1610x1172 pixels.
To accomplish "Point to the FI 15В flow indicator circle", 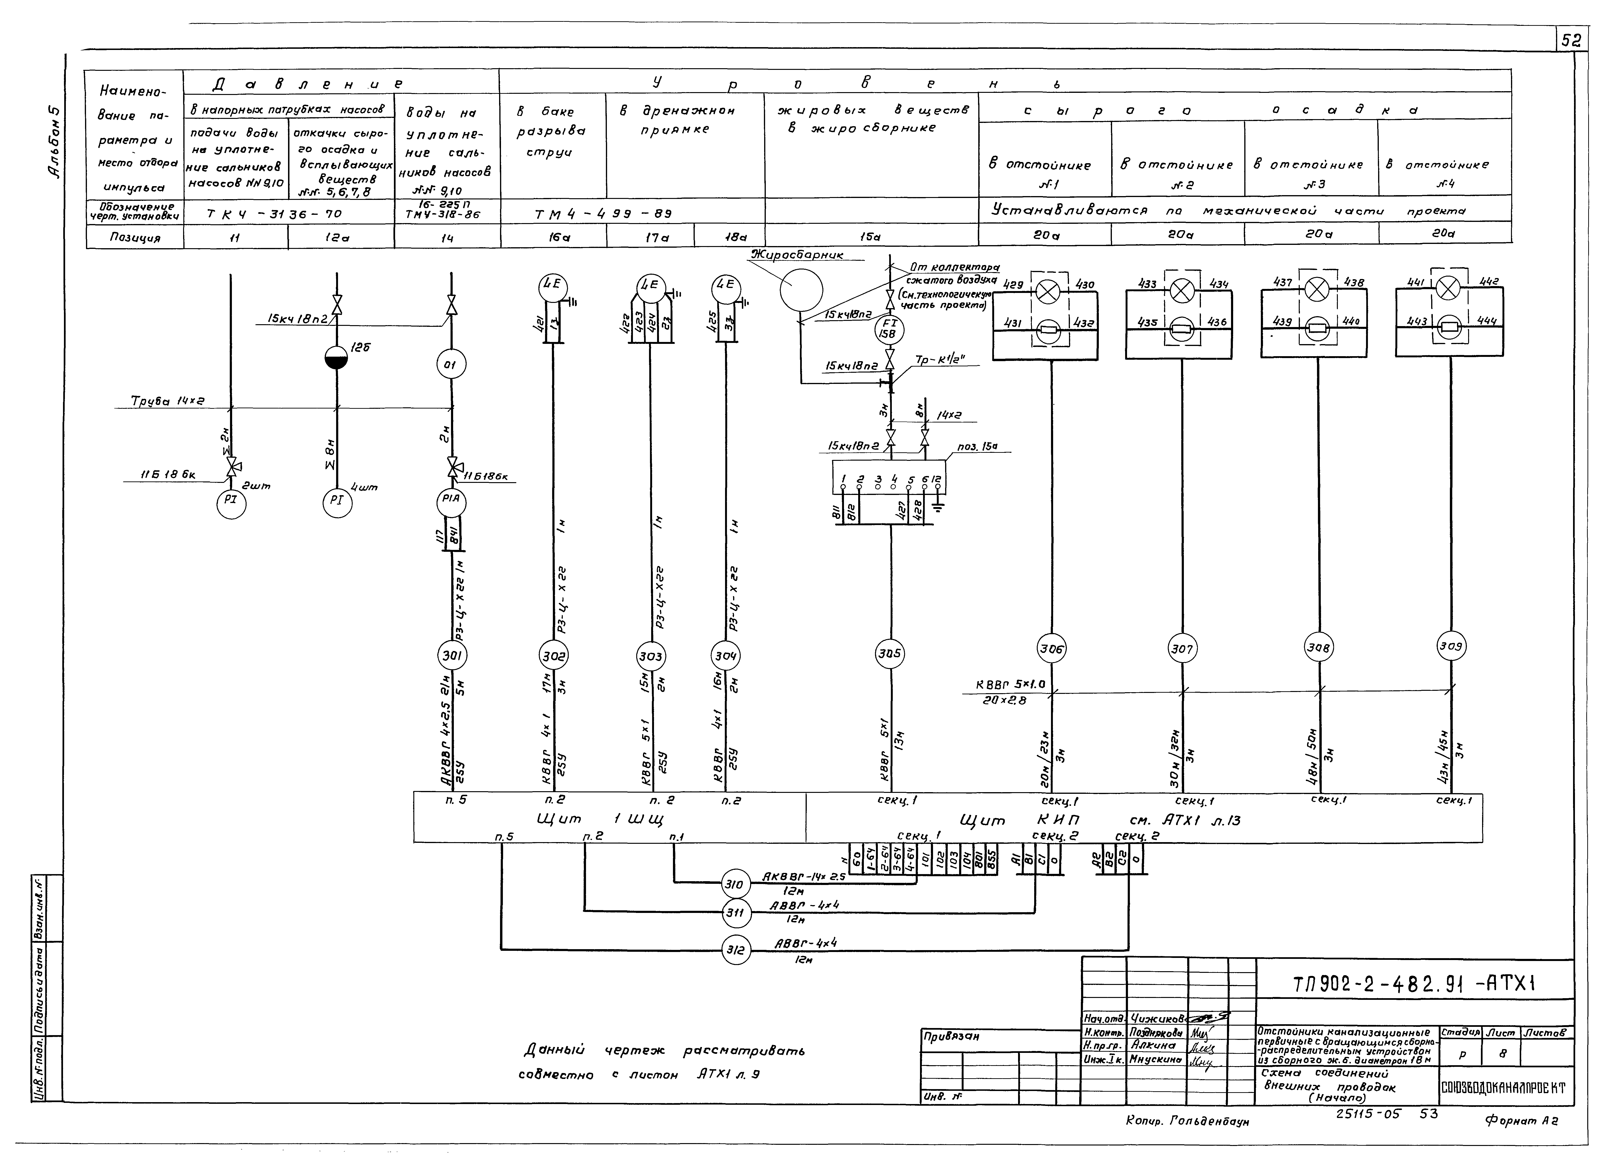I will [x=889, y=329].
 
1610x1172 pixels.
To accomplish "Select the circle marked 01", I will [x=451, y=366].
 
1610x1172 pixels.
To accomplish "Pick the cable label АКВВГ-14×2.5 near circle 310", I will [x=803, y=877].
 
